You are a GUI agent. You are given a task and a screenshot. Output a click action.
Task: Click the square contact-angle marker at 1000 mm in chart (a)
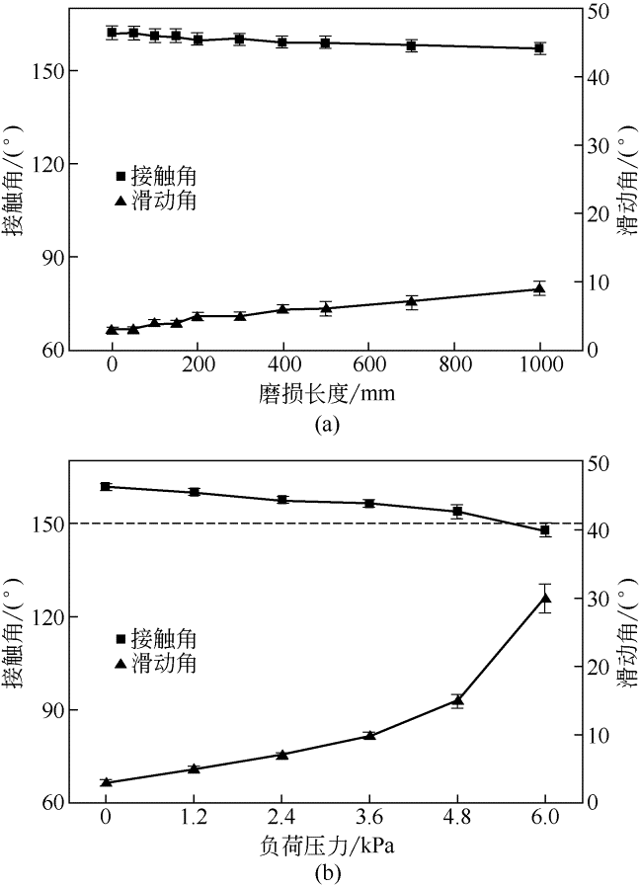point(539,47)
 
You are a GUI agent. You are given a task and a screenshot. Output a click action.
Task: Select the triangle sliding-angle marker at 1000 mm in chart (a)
point(539,288)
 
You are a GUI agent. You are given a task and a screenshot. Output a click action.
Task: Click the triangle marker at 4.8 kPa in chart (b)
point(457,700)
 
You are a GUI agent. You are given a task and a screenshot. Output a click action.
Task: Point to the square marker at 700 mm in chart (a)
point(412,45)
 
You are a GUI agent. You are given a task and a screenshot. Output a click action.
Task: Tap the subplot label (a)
point(326,424)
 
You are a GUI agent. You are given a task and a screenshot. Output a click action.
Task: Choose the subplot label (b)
point(326,873)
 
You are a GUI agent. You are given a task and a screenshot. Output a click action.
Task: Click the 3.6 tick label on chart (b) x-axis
point(369,818)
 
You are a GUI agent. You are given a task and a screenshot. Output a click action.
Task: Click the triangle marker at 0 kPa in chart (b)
point(106,782)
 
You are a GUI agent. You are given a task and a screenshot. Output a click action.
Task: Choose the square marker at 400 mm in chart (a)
point(282,42)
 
